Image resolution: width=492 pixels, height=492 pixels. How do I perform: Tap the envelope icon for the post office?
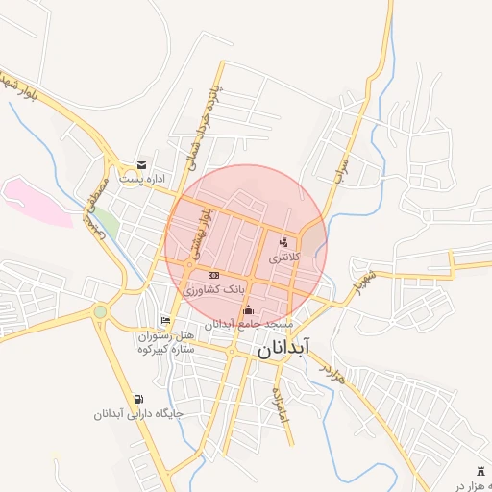click(x=142, y=165)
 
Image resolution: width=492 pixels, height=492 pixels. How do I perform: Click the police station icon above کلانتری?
click(x=283, y=243)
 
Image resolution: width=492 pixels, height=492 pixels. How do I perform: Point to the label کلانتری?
click(x=284, y=258)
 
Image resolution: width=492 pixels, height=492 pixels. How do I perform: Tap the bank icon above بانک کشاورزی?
click(x=213, y=275)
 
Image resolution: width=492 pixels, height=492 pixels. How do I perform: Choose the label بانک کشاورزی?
click(x=215, y=288)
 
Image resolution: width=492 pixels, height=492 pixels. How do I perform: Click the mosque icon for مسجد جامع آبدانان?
click(x=249, y=309)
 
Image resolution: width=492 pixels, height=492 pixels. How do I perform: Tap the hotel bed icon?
click(x=166, y=321)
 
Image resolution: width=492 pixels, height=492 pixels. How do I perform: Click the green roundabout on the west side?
click(x=100, y=310)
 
